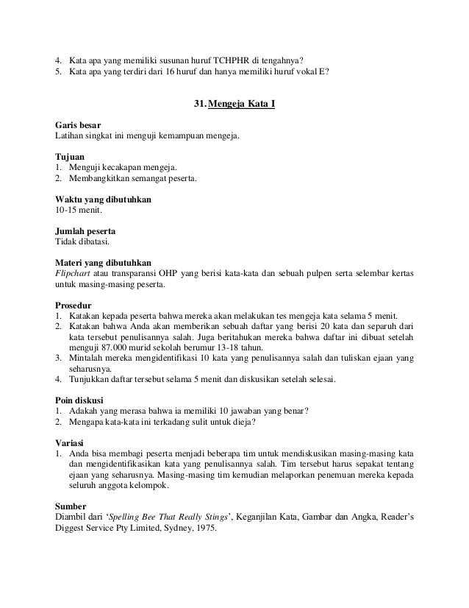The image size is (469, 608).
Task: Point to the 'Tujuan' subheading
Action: point(71,157)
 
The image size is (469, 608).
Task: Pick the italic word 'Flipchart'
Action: point(73,273)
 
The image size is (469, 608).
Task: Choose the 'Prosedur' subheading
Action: point(74,305)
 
